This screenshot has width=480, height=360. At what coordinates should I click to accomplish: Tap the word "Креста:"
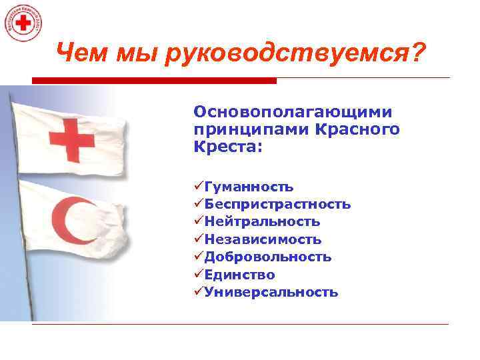pos(228,145)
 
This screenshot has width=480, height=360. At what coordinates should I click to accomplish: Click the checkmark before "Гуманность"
pos(199,187)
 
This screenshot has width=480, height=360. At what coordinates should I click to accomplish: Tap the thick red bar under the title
pos(154,81)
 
